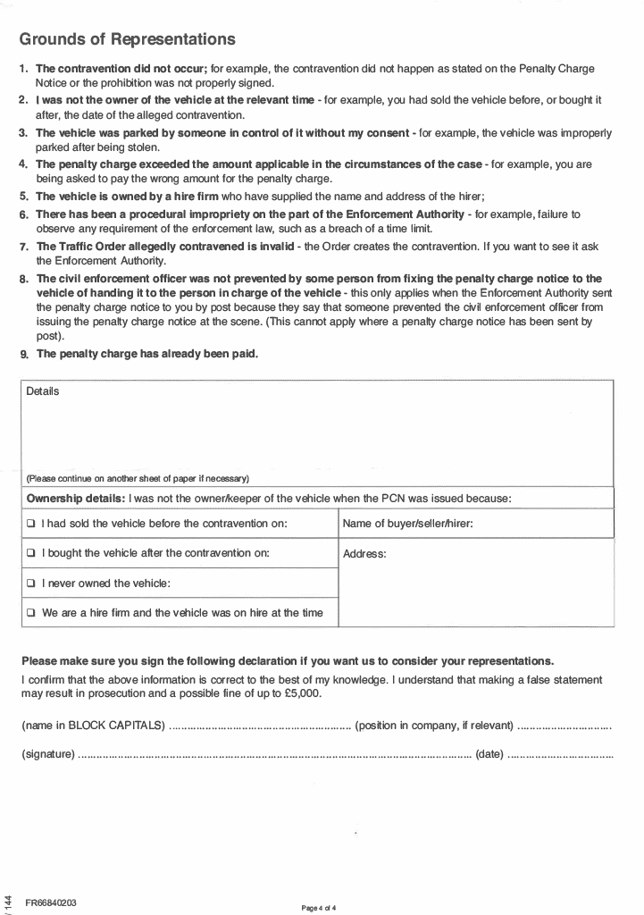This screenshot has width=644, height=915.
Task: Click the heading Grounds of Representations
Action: pyautogui.click(x=127, y=39)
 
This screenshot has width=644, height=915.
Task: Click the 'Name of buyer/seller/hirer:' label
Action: pyautogui.click(x=407, y=524)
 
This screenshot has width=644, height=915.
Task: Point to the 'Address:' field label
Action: pyautogui.click(x=364, y=554)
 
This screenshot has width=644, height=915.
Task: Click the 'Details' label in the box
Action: pyautogui.click(x=43, y=391)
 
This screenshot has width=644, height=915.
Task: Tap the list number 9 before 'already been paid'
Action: pyautogui.click(x=24, y=355)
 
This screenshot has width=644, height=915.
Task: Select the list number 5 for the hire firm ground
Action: pyautogui.click(x=24, y=197)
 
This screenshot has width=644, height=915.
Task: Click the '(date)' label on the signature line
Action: pyautogui.click(x=489, y=755)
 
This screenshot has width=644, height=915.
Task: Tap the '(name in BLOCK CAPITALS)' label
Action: pyautogui.click(x=93, y=725)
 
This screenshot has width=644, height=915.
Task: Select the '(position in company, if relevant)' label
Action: pyautogui.click(x=434, y=725)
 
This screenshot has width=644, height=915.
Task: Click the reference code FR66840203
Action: pyautogui.click(x=51, y=902)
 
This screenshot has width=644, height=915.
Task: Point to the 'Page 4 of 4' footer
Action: pyautogui.click(x=320, y=908)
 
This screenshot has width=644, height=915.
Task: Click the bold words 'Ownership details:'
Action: pyautogui.click(x=76, y=498)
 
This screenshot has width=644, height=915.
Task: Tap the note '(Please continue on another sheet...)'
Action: pyautogui.click(x=138, y=477)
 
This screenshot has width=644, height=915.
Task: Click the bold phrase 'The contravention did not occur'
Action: pyautogui.click(x=121, y=69)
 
